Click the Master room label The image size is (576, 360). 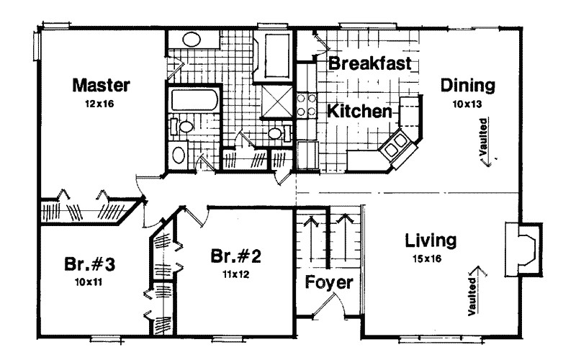click(x=102, y=86)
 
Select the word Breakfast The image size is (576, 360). click(x=369, y=63)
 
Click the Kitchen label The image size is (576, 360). click(x=360, y=112)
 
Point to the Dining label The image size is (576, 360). click(x=468, y=86)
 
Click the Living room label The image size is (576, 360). click(x=431, y=239)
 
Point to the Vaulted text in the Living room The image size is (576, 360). click(x=475, y=292)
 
